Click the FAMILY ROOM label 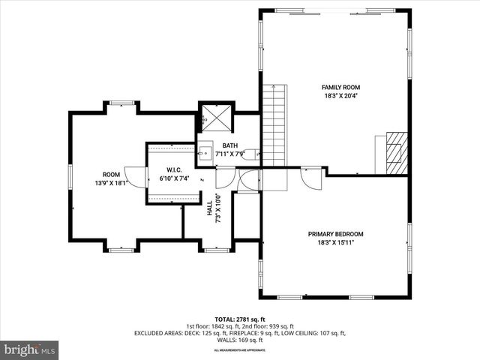click(335, 88)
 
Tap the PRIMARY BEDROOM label click(335, 234)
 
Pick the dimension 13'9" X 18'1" click(111, 182)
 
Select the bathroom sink click(205, 150)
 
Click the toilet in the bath click(253, 153)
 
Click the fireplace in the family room click(394, 148)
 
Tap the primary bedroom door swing click(309, 178)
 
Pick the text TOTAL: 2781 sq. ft click(239, 319)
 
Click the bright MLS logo click(30, 349)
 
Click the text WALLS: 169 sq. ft click(239, 340)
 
